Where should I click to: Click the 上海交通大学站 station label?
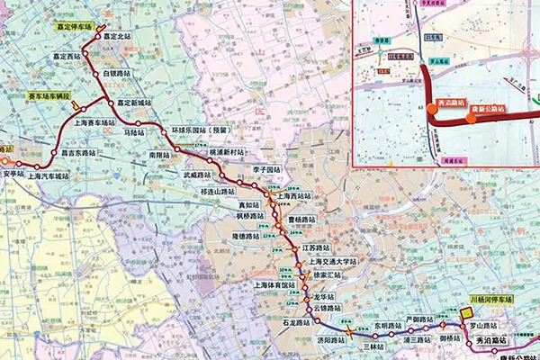(x=327, y=261)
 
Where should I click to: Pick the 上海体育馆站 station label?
(x=274, y=284)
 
